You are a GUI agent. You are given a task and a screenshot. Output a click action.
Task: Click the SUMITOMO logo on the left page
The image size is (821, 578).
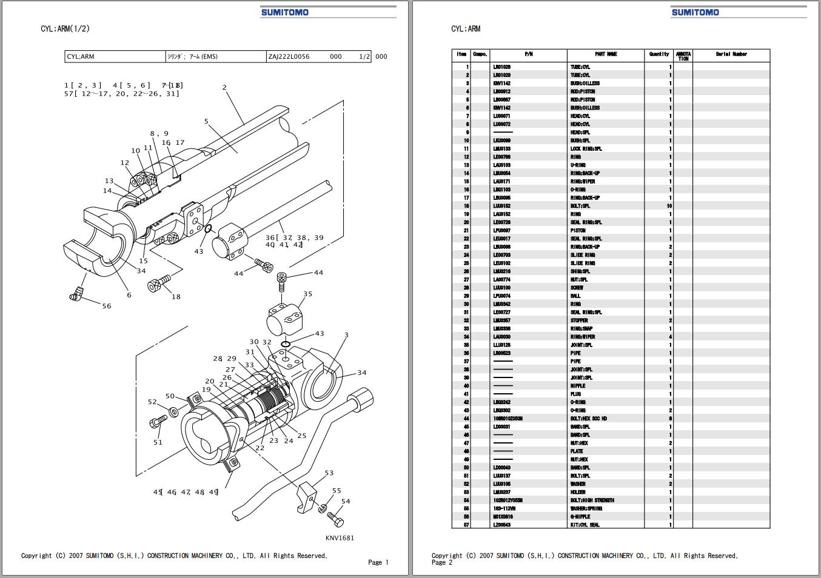point(285,12)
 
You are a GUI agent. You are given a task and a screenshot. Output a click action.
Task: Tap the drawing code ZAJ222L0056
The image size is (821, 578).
point(289,57)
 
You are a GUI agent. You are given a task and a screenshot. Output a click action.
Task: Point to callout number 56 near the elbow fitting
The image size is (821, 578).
point(107,306)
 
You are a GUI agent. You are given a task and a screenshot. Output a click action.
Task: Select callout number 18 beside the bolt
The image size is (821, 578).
point(176,296)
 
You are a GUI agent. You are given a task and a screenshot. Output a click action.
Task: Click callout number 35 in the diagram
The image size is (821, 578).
point(307,294)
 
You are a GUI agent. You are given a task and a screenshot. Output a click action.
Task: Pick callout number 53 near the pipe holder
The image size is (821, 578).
point(329,473)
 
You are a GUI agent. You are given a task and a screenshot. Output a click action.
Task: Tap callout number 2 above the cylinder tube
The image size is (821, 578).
point(224,87)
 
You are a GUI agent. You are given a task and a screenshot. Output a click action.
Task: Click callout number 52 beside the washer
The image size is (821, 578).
point(152,402)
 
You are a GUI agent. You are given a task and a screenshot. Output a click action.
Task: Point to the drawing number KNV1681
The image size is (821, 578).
point(340,537)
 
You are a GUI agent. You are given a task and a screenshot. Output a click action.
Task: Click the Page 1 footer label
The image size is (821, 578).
point(378,562)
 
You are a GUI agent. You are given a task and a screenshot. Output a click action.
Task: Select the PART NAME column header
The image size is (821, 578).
point(606,55)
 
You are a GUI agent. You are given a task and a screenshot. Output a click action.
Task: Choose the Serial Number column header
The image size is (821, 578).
point(731,55)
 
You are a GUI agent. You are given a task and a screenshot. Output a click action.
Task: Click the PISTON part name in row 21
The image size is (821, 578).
point(578,230)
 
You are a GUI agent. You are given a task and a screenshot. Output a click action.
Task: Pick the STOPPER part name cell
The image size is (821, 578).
point(579,321)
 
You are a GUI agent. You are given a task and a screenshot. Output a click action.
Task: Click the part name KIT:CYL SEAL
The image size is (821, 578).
point(585,525)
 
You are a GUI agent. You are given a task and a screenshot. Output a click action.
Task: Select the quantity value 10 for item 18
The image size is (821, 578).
point(669,206)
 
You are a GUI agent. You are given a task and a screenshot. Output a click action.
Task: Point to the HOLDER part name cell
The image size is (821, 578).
point(578,492)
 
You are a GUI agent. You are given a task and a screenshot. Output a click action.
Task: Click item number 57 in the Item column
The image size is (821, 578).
point(466,525)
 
